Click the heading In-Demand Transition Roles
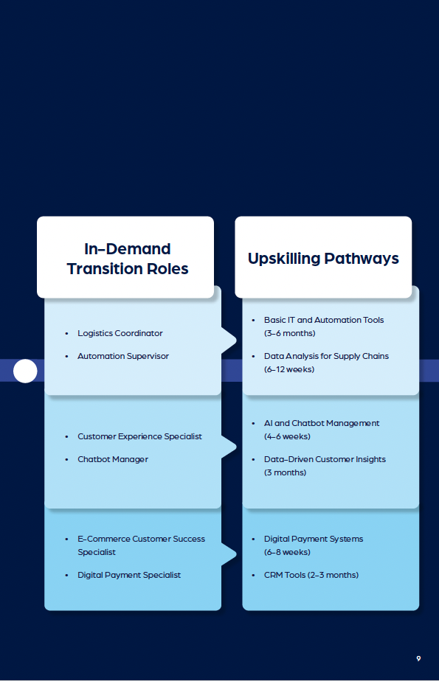point(128,259)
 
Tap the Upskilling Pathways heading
point(323,259)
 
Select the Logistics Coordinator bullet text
point(120,333)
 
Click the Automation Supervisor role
point(123,356)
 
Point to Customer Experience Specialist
point(139,436)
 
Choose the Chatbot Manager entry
point(113,459)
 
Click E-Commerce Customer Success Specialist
point(141,545)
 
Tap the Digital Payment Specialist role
point(129,575)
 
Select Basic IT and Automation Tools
point(324,320)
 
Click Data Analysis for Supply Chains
point(326,356)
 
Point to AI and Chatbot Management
point(322,423)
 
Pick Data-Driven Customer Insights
point(325,459)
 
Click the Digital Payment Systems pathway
point(314,539)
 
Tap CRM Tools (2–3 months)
point(311,575)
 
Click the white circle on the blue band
point(25,371)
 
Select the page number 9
point(418,658)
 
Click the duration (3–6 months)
point(289,334)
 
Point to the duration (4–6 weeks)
point(287,436)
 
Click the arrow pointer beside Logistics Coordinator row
point(229,341)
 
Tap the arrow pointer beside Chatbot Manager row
point(229,447)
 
